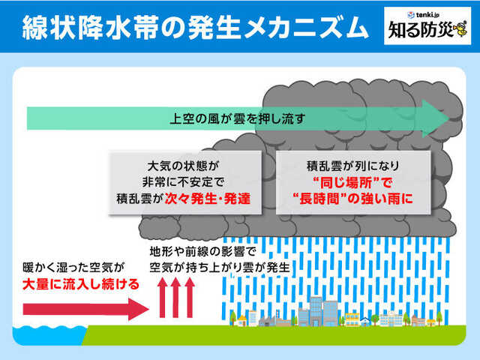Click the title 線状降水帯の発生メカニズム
pyautogui.click(x=190, y=28)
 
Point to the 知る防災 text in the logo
pyautogui.click(x=421, y=32)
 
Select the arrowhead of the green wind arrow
pyautogui.click(x=438, y=118)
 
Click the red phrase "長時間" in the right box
pyautogui.click(x=330, y=200)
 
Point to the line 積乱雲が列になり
pyautogui.click(x=352, y=164)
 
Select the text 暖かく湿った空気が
pyautogui.click(x=73, y=267)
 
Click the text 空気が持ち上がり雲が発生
pyautogui.click(x=219, y=267)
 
